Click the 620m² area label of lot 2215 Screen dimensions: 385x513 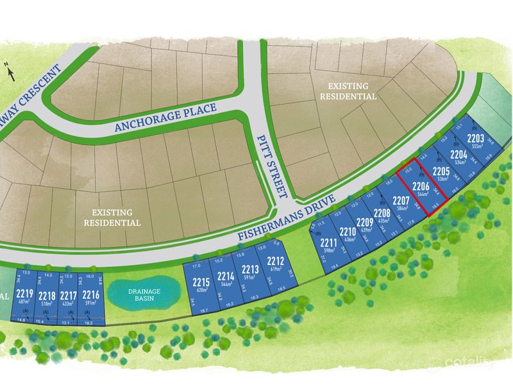tap(201, 290)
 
